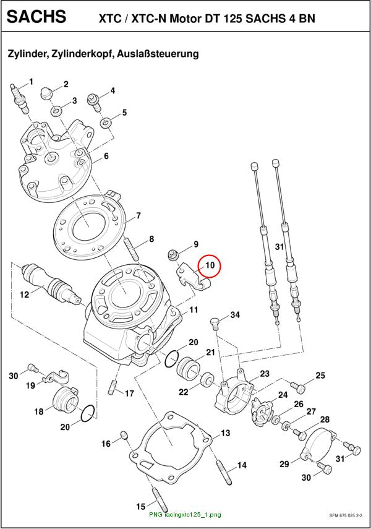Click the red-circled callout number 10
(x=210, y=265)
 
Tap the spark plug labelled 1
(x=20, y=98)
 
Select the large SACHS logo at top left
(x=36, y=17)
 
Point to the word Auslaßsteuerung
(x=158, y=54)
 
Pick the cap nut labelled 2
(x=46, y=93)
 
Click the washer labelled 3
(x=57, y=111)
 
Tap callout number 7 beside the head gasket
(x=139, y=215)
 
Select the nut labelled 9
(x=174, y=254)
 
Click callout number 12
(x=24, y=295)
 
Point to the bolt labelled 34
(x=215, y=323)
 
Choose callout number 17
(x=129, y=394)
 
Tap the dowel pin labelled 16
(x=124, y=436)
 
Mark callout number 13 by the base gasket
(x=225, y=433)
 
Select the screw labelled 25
(x=298, y=387)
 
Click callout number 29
(x=284, y=464)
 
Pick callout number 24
(x=283, y=395)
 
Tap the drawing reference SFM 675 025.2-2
(x=346, y=515)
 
